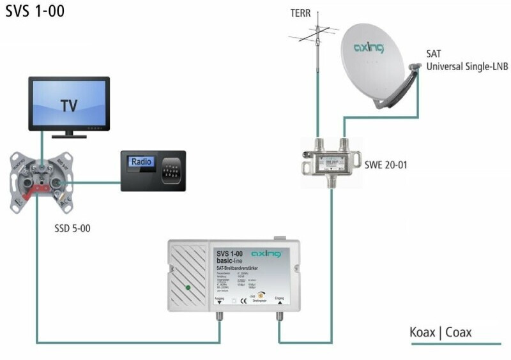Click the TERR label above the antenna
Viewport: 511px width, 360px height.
pos(317,12)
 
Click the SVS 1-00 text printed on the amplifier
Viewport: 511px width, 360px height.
pos(233,254)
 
